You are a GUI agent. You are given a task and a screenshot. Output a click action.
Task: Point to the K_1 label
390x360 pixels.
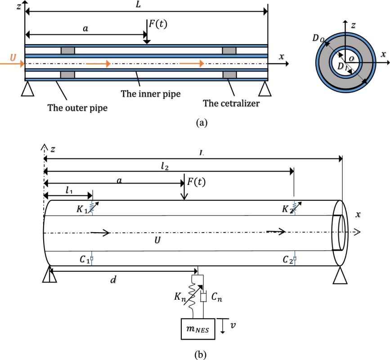point(84,209)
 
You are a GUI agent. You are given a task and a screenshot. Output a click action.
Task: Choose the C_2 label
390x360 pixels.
point(287,260)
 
